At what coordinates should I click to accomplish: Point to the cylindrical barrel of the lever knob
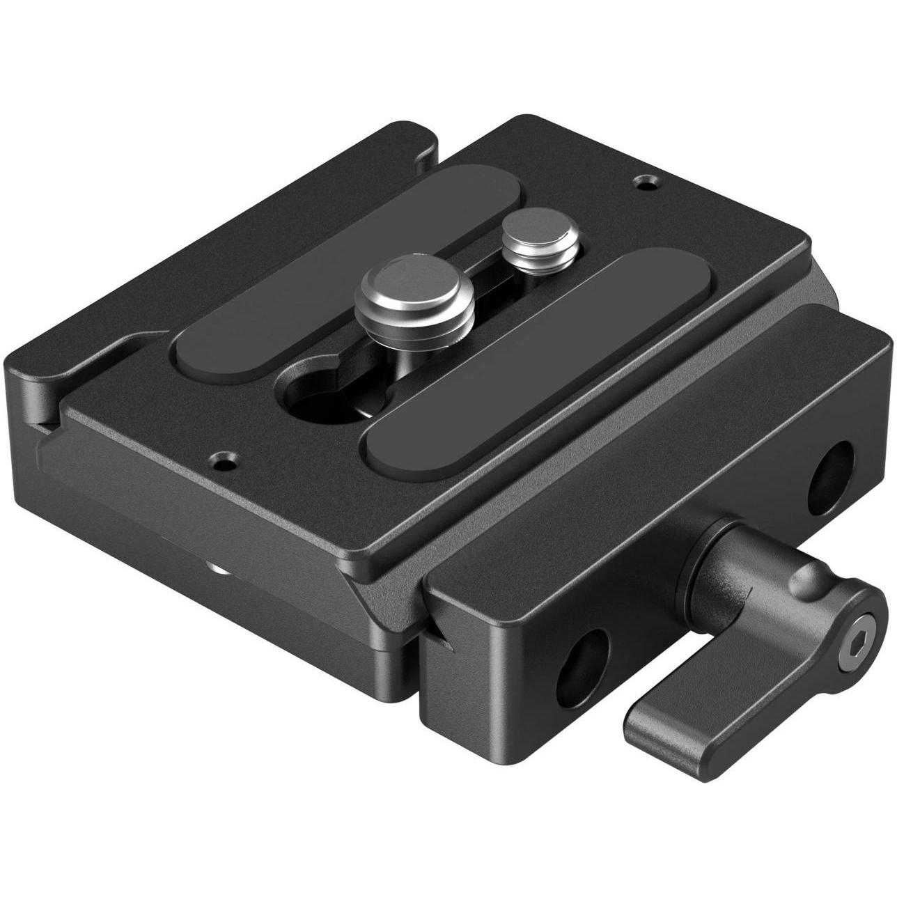pos(724,564)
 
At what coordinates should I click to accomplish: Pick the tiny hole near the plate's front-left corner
pos(223,460)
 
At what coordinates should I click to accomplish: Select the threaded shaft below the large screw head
pos(404,348)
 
